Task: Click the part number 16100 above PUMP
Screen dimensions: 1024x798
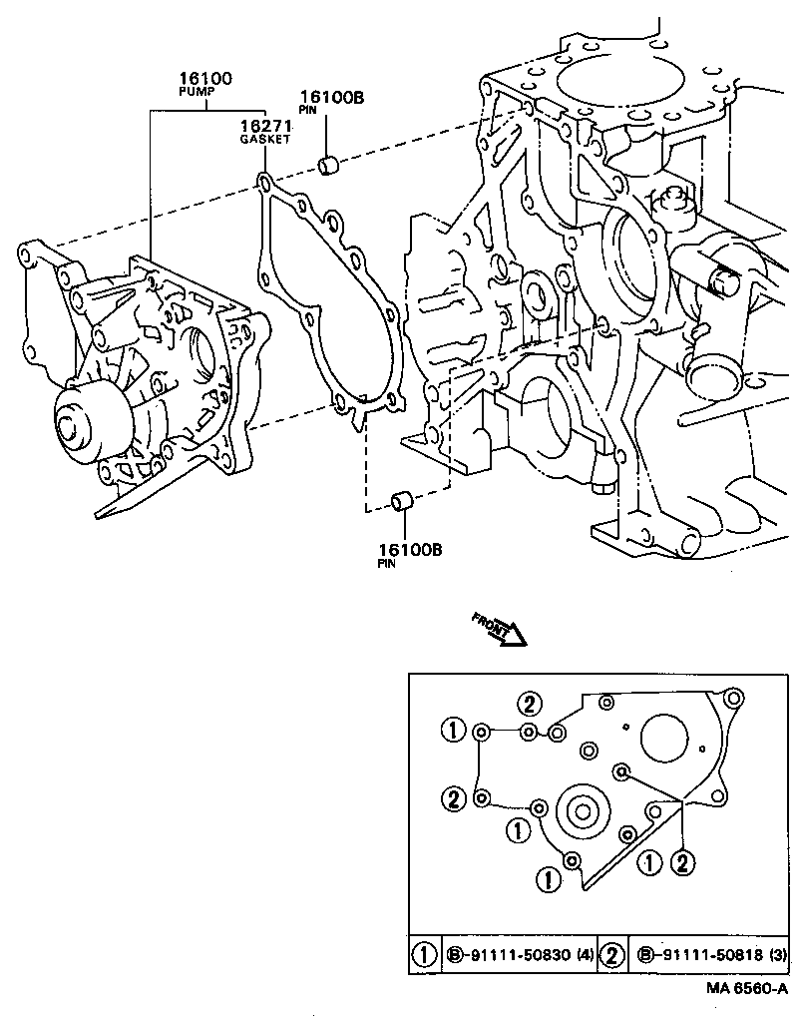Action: coord(205,78)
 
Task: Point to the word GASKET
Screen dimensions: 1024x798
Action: coord(264,140)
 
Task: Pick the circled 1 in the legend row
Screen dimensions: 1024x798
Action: coord(424,955)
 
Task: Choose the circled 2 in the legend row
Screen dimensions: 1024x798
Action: coord(612,955)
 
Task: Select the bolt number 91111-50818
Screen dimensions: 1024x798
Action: coord(707,955)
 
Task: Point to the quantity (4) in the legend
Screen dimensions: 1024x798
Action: coord(582,955)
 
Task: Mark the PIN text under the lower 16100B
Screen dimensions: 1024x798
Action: coord(387,563)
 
